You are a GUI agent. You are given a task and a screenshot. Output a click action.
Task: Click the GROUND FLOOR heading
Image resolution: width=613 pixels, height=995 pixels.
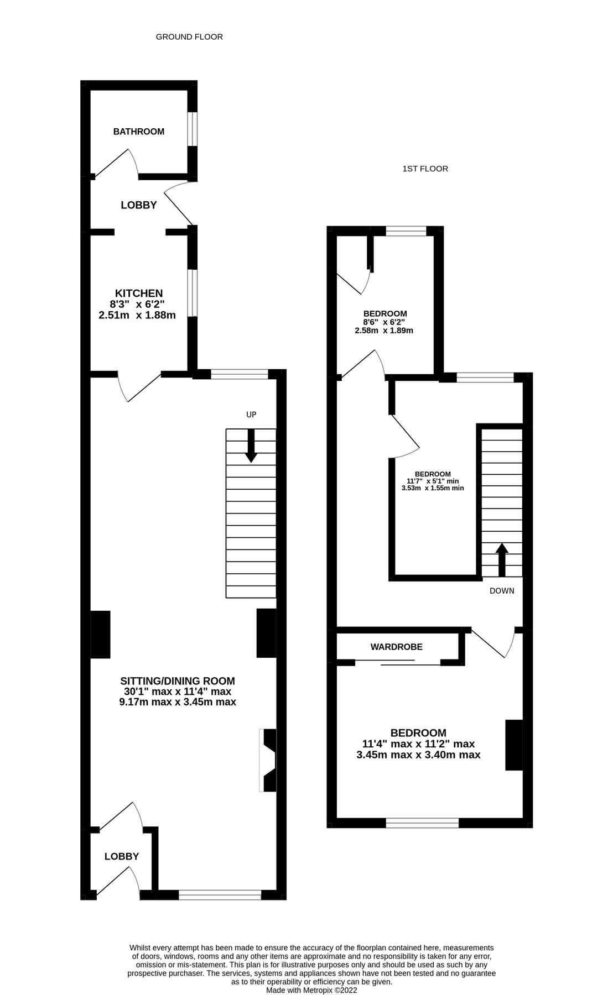tap(189, 37)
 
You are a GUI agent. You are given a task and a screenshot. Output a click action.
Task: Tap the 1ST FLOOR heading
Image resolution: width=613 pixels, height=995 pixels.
tap(425, 169)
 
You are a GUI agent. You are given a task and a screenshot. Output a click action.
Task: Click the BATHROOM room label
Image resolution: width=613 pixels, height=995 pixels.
tap(138, 132)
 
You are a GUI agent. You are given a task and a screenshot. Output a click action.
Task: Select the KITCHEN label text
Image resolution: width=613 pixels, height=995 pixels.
tap(138, 294)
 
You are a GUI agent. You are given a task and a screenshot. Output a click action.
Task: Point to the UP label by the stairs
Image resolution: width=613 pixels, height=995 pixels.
tap(251, 415)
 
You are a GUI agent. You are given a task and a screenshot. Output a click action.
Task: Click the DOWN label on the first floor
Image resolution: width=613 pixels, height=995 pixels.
tap(501, 591)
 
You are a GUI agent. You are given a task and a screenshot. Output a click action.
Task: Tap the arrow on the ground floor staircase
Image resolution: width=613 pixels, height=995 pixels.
tap(251, 446)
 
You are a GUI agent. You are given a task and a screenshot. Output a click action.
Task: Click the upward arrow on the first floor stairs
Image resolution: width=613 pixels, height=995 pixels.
tap(501, 559)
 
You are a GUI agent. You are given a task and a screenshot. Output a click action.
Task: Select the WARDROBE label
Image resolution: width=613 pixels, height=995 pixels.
tap(396, 647)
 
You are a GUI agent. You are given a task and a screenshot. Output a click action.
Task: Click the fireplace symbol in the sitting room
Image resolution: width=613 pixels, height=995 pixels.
tap(268, 761)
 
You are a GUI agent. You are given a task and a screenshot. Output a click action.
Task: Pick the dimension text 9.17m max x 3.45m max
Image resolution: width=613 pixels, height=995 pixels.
tap(178, 703)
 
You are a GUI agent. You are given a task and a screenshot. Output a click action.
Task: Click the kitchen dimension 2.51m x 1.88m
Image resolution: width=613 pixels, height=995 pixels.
tap(137, 316)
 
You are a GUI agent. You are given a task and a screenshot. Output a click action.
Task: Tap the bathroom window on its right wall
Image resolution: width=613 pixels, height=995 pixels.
tap(192, 129)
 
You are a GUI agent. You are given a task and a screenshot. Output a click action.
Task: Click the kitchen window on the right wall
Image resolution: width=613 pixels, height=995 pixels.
tap(192, 293)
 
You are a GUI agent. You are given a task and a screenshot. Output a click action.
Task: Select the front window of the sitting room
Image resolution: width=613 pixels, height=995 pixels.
tap(220, 895)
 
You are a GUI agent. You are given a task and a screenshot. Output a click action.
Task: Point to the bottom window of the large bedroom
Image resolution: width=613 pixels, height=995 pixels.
tap(422, 823)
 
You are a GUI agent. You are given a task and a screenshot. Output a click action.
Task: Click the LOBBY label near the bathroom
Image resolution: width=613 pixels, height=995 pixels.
tap(139, 205)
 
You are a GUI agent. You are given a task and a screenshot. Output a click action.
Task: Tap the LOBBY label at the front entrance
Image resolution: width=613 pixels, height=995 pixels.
tap(122, 856)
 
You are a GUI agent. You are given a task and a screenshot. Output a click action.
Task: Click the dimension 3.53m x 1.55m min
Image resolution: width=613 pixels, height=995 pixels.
tap(432, 488)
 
